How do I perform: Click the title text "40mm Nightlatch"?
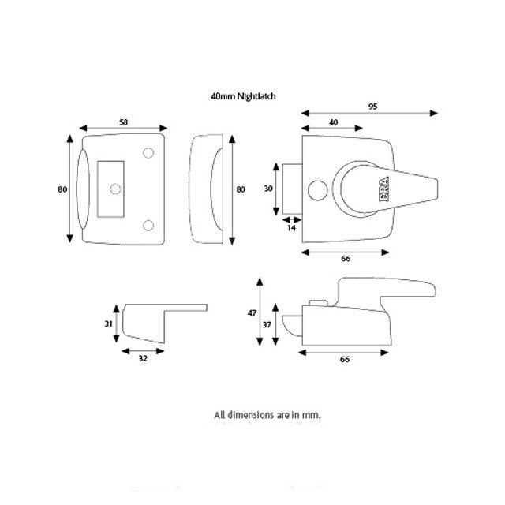[243, 95]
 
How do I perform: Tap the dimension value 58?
[125, 122]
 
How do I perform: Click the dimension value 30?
[267, 189]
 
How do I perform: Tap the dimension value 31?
[109, 324]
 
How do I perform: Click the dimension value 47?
[252, 313]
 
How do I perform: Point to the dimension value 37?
[267, 324]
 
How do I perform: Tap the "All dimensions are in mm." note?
[267, 414]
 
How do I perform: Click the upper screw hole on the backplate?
[148, 153]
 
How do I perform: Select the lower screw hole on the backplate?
[148, 226]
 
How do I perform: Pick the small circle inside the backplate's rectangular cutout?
[115, 189]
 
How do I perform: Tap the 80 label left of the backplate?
[62, 189]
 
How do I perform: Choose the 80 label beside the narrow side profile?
[241, 189]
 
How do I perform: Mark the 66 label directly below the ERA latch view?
[345, 259]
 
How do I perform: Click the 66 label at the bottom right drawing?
[345, 359]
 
